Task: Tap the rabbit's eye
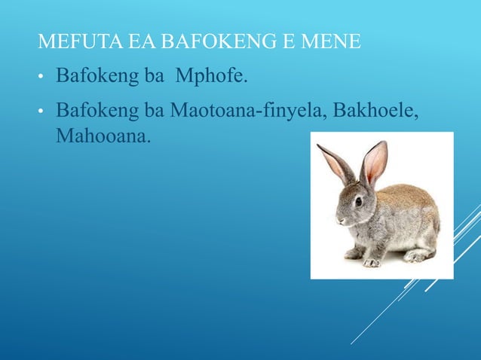pyautogui.click(x=358, y=201)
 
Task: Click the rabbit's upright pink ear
pyautogui.click(x=375, y=162)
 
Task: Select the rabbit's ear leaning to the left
pyautogui.click(x=336, y=163)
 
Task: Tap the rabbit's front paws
pyautogui.click(x=369, y=261)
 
